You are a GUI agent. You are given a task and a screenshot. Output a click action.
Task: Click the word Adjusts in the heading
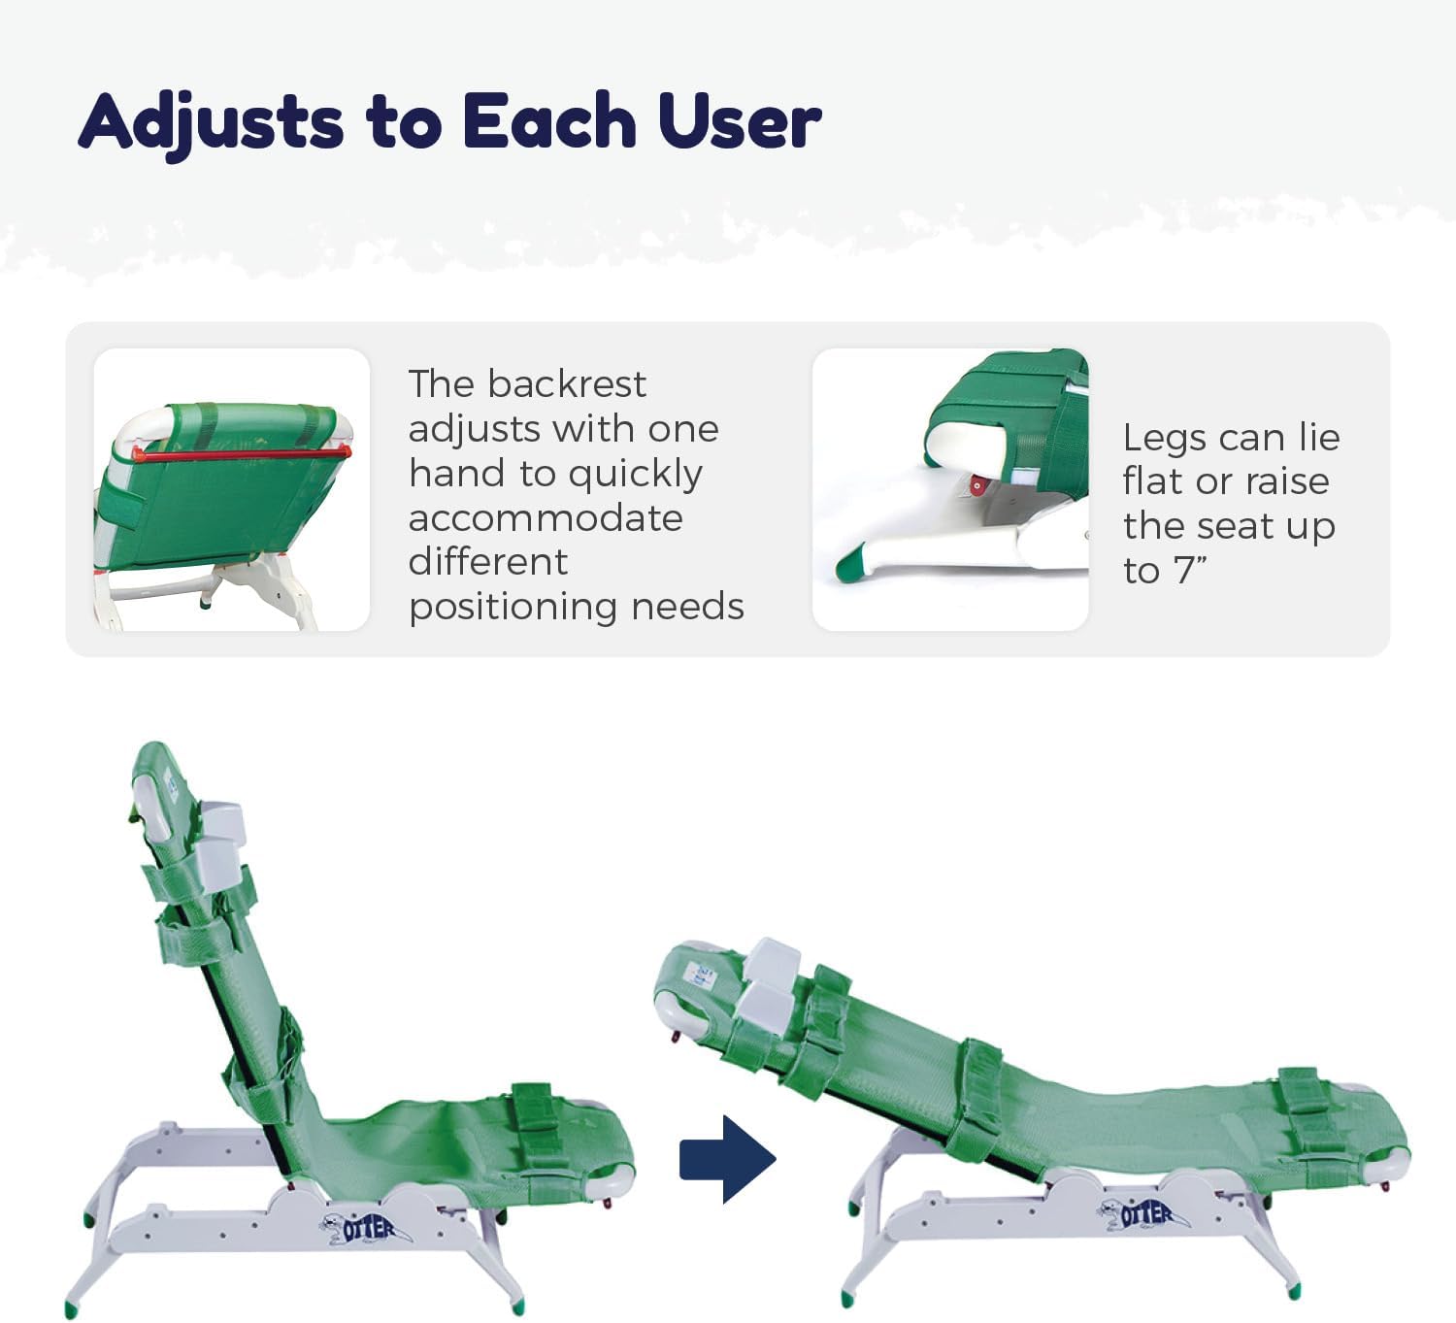[x=212, y=123]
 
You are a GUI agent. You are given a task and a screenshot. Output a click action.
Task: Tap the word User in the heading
[x=740, y=123]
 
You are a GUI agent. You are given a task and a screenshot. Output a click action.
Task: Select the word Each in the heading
[x=549, y=123]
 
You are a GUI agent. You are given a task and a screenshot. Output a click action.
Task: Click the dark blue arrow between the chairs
[x=727, y=1159]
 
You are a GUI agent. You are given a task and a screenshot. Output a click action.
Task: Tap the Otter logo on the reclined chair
[x=1145, y=1213]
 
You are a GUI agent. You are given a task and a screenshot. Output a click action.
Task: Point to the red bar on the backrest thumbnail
[x=241, y=452]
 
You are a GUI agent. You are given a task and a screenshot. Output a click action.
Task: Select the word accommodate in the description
[x=546, y=518]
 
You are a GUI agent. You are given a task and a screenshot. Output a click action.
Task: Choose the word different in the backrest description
[x=488, y=562]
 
